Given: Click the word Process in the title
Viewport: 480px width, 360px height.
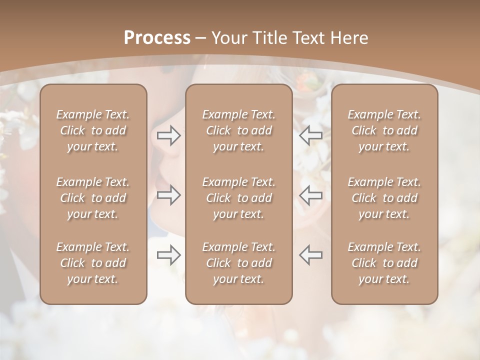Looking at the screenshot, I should click(x=157, y=38).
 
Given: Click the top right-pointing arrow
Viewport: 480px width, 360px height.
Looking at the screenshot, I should click(x=169, y=135).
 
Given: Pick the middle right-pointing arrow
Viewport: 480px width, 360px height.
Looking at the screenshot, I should click(x=169, y=195).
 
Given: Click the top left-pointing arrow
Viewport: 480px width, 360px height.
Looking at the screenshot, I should click(x=310, y=135).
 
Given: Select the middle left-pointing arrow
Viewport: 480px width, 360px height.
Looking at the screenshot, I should click(x=310, y=195).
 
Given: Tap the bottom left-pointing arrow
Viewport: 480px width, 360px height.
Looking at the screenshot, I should click(x=310, y=254).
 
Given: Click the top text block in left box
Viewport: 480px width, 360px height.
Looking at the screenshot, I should click(x=93, y=130).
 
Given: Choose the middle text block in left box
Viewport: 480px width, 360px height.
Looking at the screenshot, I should click(x=93, y=198).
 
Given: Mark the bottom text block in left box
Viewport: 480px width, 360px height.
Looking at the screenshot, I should click(x=93, y=263).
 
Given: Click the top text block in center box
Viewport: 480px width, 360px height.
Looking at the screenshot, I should click(x=238, y=130).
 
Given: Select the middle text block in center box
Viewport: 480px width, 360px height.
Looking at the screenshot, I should click(x=238, y=198).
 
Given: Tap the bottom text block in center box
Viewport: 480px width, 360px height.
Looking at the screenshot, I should click(x=238, y=263).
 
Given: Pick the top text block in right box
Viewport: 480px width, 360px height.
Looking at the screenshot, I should click(x=384, y=130).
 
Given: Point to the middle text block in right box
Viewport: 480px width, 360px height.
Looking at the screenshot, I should click(x=384, y=198).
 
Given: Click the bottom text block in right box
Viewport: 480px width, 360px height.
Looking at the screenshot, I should click(x=384, y=263).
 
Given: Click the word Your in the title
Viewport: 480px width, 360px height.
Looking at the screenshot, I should click(x=228, y=38).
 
